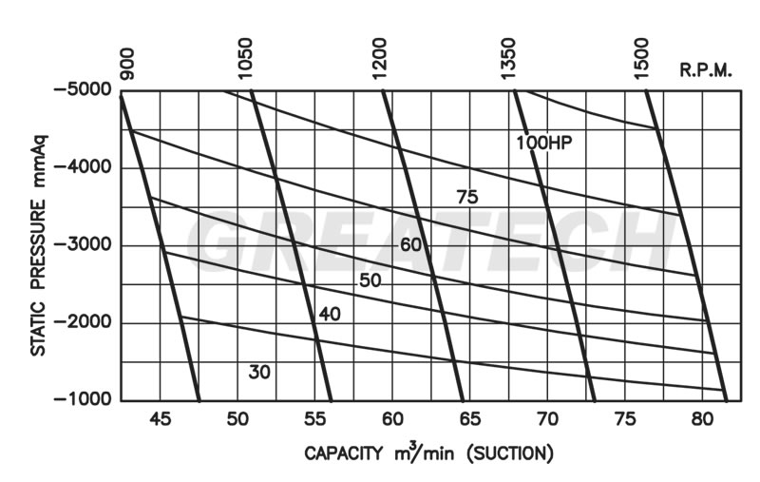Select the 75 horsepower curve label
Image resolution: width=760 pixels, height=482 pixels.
click(x=466, y=198)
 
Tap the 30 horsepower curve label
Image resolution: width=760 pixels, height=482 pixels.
click(x=259, y=372)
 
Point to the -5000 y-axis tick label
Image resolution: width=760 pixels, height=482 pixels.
click(x=83, y=91)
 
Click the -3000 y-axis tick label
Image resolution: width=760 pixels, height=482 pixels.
click(x=83, y=246)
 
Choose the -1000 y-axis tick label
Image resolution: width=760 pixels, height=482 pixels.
click(x=83, y=401)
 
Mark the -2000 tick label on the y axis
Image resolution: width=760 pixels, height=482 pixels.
click(x=83, y=323)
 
